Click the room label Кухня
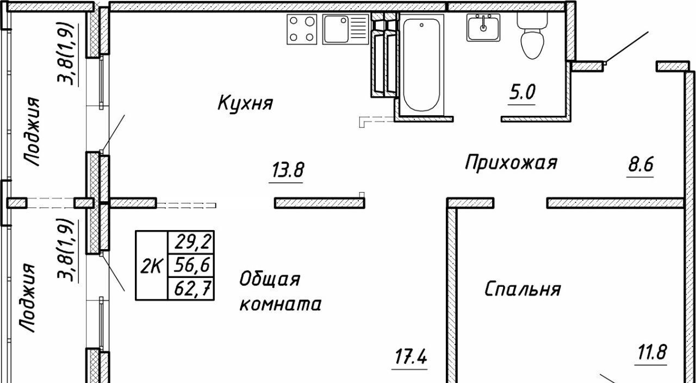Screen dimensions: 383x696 tap(245, 102)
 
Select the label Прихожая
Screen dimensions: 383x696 tap(511, 162)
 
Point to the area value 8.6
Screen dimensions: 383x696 tap(640, 164)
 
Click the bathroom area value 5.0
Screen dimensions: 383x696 tap(522, 92)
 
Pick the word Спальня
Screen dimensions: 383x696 tap(522, 289)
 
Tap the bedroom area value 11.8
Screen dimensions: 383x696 tap(651, 352)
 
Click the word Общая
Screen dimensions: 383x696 tap(270, 280)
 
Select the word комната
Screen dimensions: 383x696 tap(280, 304)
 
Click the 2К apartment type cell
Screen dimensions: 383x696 tap(151, 265)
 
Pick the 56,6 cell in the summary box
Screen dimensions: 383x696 tap(191, 265)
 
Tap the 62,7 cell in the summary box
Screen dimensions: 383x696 tap(191, 289)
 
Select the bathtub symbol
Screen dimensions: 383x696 tap(421, 64)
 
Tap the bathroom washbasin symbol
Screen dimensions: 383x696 tap(483, 28)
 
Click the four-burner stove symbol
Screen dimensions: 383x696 tap(302, 29)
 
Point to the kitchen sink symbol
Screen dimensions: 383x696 tap(345, 29)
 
